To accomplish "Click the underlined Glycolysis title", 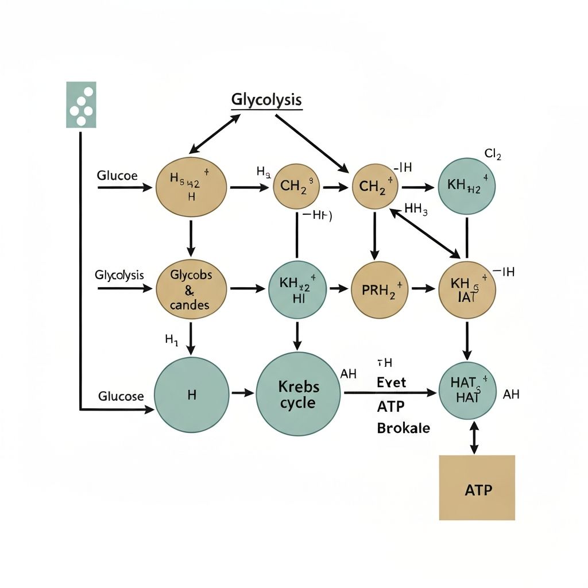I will click(266, 100).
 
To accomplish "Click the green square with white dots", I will click(81, 105).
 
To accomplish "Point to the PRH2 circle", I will click(380, 290).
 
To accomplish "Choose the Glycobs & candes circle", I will click(191, 289).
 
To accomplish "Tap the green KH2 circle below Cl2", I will click(466, 187).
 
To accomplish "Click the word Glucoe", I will click(117, 176).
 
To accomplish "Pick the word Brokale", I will click(403, 428).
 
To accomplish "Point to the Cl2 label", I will click(493, 154).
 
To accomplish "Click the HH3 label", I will click(416, 209).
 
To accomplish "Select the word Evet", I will click(392, 382).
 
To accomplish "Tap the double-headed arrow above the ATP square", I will click(474, 438).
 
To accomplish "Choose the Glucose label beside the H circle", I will click(121, 396).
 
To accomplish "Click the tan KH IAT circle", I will click(467, 289).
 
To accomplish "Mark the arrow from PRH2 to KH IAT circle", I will click(423, 289).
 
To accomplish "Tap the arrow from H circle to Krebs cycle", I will click(242, 393).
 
